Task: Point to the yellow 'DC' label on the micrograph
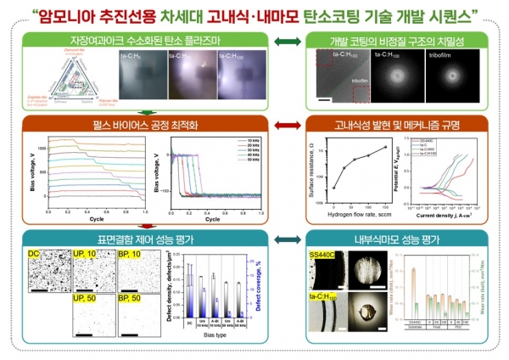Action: click(37, 256)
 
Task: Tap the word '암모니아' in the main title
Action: click(96, 13)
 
